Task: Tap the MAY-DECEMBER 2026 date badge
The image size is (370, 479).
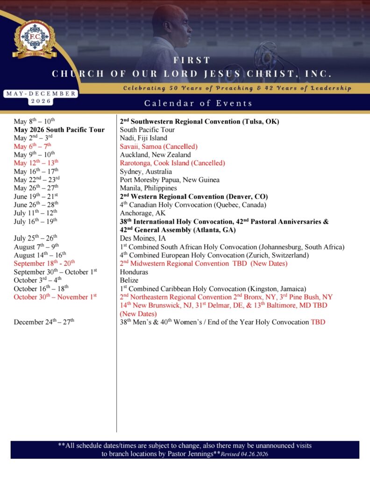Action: [x=41, y=97]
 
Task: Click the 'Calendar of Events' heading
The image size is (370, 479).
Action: [x=198, y=103]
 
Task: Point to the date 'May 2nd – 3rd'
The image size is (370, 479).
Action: [x=33, y=138]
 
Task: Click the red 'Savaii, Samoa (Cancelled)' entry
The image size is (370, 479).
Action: [x=158, y=146]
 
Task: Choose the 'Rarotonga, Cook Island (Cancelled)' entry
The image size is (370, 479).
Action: [x=172, y=163]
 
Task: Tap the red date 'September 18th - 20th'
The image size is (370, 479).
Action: [x=44, y=264]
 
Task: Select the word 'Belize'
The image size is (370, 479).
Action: [x=129, y=280]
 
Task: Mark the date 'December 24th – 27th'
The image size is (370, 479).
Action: [x=44, y=322]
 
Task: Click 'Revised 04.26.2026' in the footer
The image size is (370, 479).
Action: [x=244, y=454]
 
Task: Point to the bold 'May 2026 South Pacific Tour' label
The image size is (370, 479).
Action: [x=59, y=130]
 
